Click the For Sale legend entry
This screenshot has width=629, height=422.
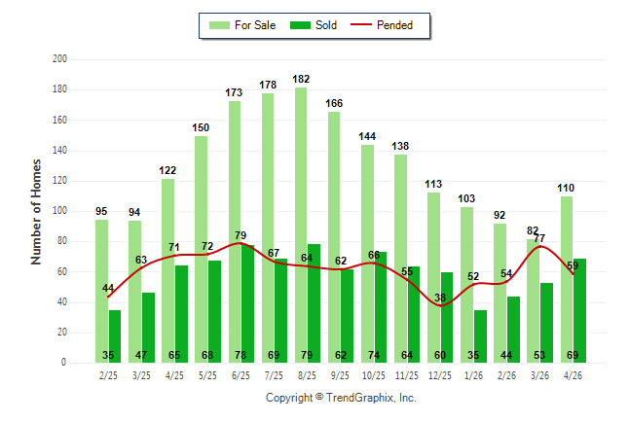click(x=242, y=25)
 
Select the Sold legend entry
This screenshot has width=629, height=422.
click(x=314, y=25)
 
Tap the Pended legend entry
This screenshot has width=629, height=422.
click(x=382, y=25)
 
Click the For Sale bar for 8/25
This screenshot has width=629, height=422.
click(x=301, y=226)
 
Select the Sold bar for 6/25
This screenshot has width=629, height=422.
click(x=247, y=304)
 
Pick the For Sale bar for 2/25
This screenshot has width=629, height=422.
click(x=102, y=292)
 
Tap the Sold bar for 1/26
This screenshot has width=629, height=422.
click(x=480, y=336)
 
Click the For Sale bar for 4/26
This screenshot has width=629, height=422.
click(x=567, y=280)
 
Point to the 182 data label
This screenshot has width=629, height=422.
click(x=301, y=79)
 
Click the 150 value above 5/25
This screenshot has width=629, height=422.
click(x=201, y=127)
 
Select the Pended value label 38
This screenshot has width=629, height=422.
click(x=440, y=298)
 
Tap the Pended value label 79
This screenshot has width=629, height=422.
click(x=240, y=235)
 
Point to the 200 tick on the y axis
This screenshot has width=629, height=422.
click(x=59, y=59)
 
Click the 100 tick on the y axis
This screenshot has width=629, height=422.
click(x=59, y=211)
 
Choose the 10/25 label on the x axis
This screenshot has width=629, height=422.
click(x=374, y=375)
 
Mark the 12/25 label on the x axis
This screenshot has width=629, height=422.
click(x=440, y=375)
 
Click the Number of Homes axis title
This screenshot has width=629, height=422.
click(x=36, y=212)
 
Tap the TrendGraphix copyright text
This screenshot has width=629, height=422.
click(x=341, y=398)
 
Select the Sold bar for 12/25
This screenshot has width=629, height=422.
click(x=447, y=318)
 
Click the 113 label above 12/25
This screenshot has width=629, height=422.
click(x=433, y=184)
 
